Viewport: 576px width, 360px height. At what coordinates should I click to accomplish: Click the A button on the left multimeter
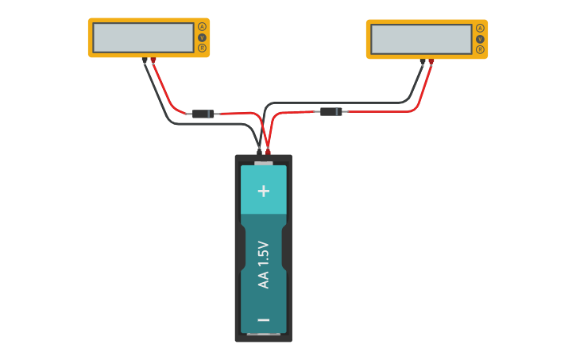[x=202, y=27]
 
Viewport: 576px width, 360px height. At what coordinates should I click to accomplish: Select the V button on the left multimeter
[x=202, y=37]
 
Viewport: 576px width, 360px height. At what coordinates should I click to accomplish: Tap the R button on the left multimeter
[x=202, y=48]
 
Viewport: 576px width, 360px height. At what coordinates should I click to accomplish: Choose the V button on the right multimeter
[x=480, y=39]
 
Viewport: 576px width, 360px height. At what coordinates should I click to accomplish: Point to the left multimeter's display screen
[x=143, y=37]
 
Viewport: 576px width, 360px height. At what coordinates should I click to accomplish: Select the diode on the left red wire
[x=203, y=114]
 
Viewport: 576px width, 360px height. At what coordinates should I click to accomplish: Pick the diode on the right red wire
[x=331, y=111]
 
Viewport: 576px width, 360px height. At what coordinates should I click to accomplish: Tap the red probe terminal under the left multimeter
[x=153, y=60]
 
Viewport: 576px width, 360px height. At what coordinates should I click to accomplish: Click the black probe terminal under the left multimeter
[x=144, y=60]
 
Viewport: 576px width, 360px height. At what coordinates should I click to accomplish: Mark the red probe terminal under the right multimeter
[x=431, y=62]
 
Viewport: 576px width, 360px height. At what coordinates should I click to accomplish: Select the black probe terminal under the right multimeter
[x=422, y=62]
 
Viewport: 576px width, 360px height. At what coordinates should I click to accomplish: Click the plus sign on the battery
[x=264, y=191]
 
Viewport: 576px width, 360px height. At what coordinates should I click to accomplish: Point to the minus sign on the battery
[x=264, y=320]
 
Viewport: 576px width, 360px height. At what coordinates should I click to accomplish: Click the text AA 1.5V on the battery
[x=264, y=265]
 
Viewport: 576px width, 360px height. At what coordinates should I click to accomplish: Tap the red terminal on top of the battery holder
[x=268, y=152]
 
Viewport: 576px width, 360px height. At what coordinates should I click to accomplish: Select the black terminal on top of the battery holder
[x=259, y=152]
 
